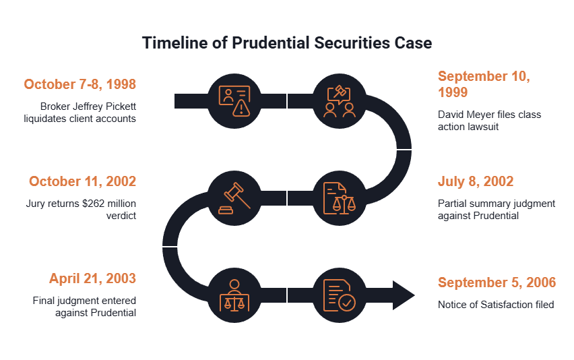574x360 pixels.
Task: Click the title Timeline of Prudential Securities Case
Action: point(287,43)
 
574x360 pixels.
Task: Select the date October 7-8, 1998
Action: point(79,84)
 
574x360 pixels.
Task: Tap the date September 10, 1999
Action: point(484,84)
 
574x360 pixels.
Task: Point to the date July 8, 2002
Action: point(476,181)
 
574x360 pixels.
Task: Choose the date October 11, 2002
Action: point(82,181)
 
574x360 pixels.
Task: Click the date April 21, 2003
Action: point(92,278)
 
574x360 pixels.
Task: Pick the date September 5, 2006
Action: point(497,282)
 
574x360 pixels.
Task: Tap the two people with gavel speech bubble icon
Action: point(340,101)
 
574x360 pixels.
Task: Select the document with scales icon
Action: point(340,198)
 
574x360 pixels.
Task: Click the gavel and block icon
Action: point(234,198)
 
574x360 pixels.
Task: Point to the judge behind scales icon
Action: point(234,295)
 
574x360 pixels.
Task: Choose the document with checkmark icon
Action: point(340,295)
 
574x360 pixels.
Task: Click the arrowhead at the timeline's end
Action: point(404,295)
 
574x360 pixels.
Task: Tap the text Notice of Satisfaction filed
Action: point(496,305)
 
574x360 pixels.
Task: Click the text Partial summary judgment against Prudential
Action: point(497,210)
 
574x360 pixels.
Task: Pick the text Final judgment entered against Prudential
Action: point(84,307)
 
